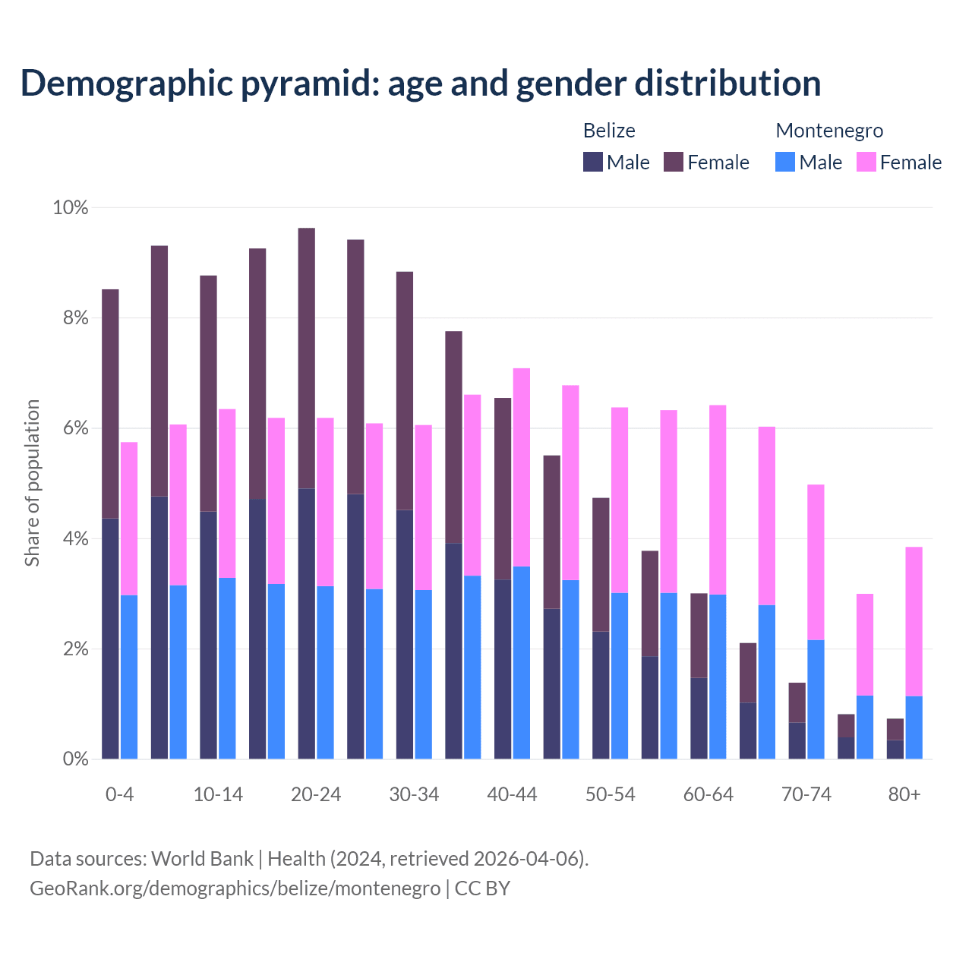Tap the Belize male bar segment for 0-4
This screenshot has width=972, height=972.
pos(110,638)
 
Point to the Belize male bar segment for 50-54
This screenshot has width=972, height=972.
pos(601,695)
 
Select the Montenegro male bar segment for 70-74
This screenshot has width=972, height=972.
pos(816,699)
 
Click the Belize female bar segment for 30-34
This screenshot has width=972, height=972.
pos(405,390)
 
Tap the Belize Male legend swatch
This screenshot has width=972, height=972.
pos(593,162)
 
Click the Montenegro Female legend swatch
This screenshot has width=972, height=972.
pos(866,162)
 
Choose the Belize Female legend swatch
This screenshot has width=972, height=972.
pos(674,162)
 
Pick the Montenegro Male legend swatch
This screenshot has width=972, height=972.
pos(785,162)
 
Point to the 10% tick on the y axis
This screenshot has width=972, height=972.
pos(70,207)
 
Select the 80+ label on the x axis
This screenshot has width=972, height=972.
pos(904,794)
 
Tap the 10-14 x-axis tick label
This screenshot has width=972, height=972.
pos(218,794)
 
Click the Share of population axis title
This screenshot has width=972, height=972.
pos(32,483)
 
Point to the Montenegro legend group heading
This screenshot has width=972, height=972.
pos(829,131)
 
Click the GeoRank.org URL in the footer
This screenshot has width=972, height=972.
pos(235,888)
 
